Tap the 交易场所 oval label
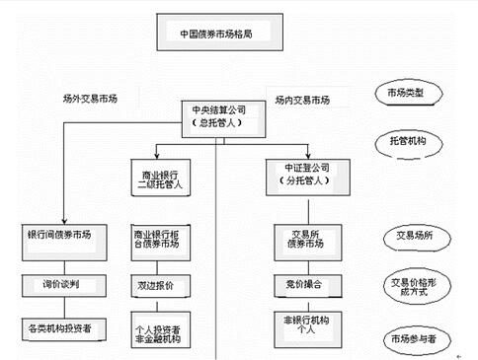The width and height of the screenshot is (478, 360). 410,240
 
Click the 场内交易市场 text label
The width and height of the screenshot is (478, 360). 301,100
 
